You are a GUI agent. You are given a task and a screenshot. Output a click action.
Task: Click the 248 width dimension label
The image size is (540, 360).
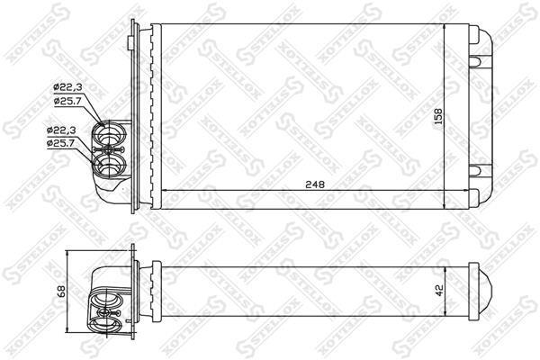(315, 184)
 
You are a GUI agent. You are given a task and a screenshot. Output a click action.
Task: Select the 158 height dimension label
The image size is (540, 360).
(437, 116)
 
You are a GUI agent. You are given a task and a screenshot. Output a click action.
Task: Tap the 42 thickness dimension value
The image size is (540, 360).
(439, 290)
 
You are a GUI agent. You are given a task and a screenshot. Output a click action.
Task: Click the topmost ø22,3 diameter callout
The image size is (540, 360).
(67, 87)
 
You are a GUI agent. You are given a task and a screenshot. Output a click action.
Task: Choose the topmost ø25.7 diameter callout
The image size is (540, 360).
(67, 101)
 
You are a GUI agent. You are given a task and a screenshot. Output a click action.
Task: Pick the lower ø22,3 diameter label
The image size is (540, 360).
(61, 130)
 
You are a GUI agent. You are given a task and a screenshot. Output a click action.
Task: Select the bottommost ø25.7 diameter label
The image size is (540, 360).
(61, 143)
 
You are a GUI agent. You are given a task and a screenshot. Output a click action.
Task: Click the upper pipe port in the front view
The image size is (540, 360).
(109, 133)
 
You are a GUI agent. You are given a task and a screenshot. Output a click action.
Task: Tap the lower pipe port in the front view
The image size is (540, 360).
(109, 165)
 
